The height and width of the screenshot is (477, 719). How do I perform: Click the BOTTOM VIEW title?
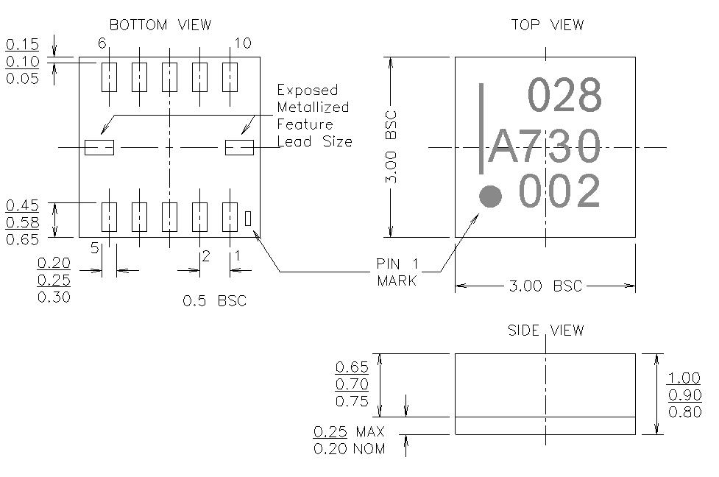tap(160, 25)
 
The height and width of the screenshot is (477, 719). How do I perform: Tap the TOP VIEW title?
tap(548, 25)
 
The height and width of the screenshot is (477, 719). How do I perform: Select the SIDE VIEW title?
tap(546, 331)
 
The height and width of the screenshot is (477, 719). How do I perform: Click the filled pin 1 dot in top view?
tap(490, 197)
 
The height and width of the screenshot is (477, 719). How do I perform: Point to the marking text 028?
tap(565, 96)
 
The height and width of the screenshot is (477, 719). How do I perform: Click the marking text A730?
tap(545, 147)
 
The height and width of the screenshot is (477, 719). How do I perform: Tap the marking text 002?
tap(559, 192)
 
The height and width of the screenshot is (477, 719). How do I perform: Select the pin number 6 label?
tap(102, 44)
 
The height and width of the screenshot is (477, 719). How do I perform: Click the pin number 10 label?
tap(243, 44)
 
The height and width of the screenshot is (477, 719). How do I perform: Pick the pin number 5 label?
tap(94, 249)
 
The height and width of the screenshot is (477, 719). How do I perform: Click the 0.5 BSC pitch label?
tap(214, 301)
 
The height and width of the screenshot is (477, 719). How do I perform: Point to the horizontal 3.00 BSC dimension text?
tap(545, 286)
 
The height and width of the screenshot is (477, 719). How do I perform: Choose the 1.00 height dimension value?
tap(684, 378)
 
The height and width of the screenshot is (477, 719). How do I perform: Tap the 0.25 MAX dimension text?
tap(349, 432)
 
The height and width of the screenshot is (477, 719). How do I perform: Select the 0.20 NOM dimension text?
tap(349, 448)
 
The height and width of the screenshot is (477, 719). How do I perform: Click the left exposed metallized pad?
tap(99, 147)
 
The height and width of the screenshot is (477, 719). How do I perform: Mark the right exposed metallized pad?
tap(239, 147)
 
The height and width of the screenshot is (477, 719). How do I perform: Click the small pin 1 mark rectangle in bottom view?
tap(248, 218)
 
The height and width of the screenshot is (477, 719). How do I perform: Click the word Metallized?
tap(313, 107)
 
